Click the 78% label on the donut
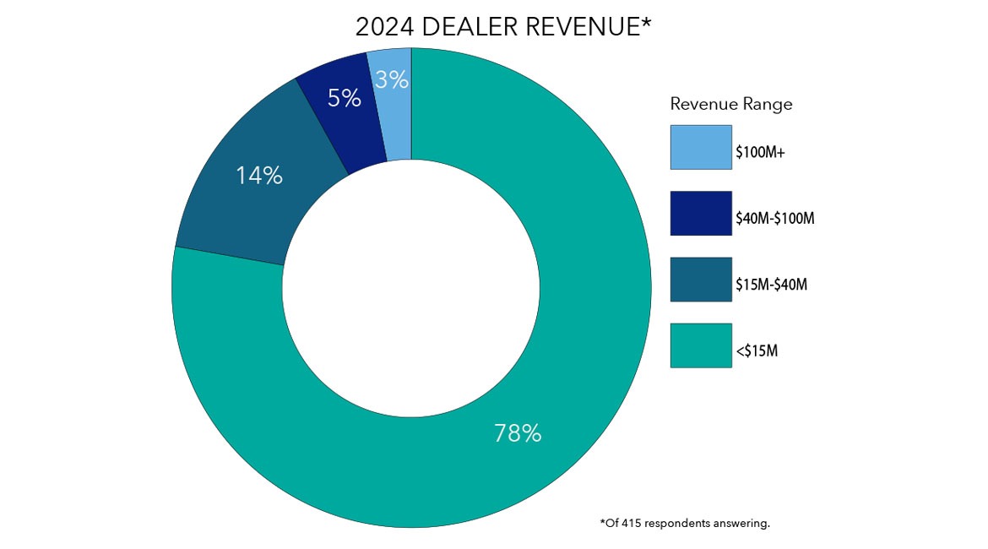(x=517, y=433)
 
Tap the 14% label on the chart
(x=258, y=176)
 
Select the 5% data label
(x=344, y=99)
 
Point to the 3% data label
(x=392, y=79)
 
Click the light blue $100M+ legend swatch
(x=701, y=148)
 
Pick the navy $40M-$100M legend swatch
(x=701, y=214)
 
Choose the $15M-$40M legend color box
(x=701, y=280)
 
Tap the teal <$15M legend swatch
(x=701, y=345)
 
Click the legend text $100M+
(x=763, y=153)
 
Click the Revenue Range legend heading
(x=731, y=104)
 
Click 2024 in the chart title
(x=384, y=27)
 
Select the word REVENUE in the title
(x=582, y=27)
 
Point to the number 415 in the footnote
(x=631, y=524)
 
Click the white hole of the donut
(x=411, y=288)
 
